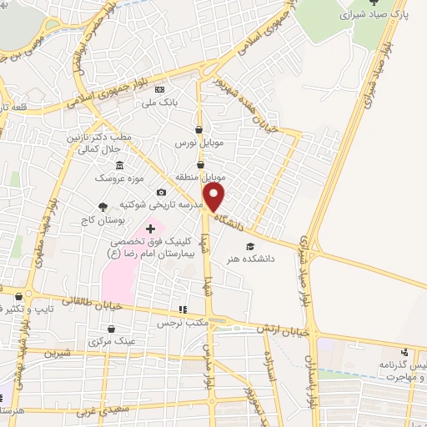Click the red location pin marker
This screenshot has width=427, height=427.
pos(215,198)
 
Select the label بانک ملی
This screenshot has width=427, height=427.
pos(161,103)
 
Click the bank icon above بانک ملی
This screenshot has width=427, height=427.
pos(161,90)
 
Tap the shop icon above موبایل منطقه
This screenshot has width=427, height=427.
pos(200,165)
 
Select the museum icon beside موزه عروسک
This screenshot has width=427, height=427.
pos(120,164)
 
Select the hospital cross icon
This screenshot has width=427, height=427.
pos(150,229)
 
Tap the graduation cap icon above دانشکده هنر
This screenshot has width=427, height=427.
pos(249,246)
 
